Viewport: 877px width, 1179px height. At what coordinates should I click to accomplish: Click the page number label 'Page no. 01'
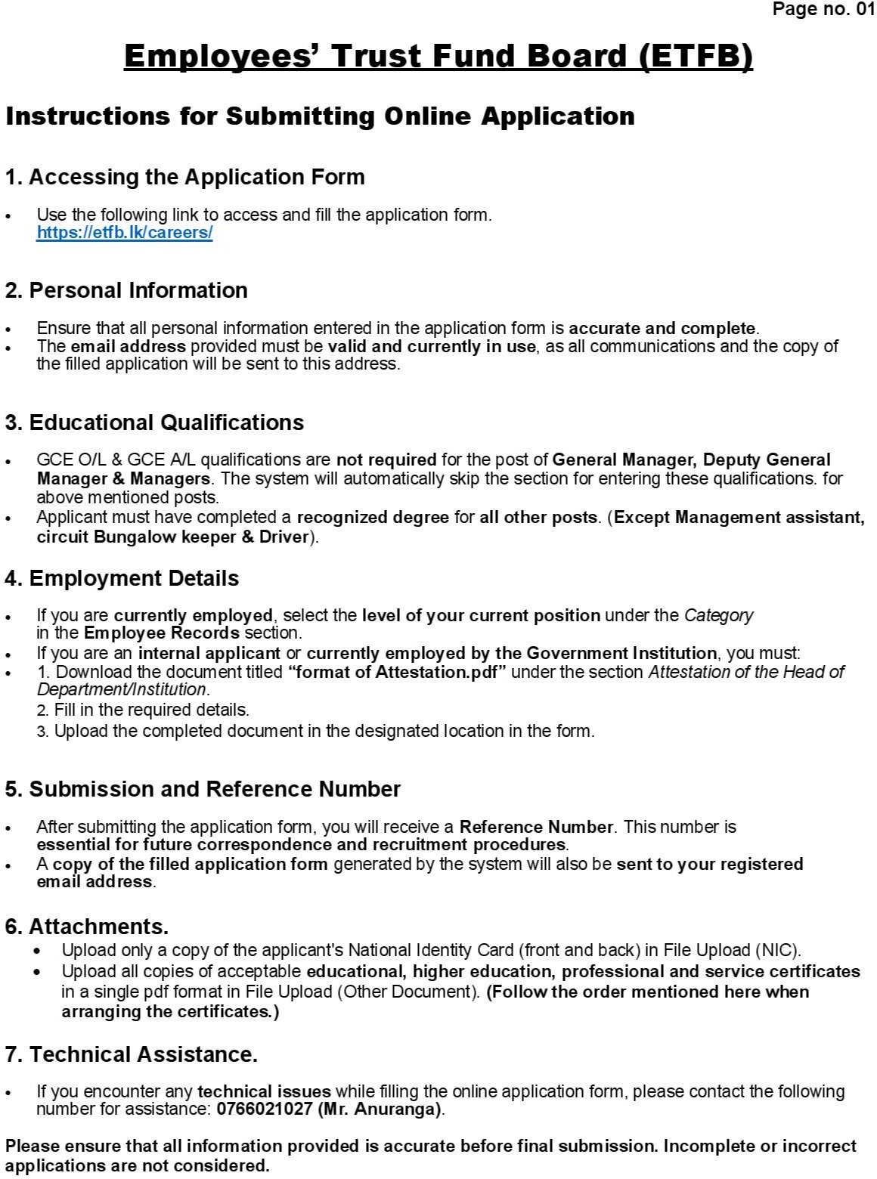823,9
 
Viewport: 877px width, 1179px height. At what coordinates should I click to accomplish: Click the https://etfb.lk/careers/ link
125,233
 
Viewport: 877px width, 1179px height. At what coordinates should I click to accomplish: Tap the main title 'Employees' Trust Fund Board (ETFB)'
438,56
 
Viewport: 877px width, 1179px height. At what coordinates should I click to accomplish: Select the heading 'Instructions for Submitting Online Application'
320,116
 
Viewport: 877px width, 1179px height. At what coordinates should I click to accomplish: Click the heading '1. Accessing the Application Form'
184,177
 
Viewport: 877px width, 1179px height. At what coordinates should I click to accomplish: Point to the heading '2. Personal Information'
126,290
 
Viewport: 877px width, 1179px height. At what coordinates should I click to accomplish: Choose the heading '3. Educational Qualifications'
154,422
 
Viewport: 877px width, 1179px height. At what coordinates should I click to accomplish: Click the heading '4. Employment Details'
122,579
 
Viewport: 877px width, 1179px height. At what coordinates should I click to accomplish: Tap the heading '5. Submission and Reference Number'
203,789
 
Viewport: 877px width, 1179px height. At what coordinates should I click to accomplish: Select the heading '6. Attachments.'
87,927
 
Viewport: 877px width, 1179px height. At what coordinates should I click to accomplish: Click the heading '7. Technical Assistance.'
132,1054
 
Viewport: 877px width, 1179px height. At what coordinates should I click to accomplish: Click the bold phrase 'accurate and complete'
662,329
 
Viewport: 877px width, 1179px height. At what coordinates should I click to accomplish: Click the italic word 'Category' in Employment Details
718,615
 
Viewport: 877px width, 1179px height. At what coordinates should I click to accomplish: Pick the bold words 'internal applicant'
209,653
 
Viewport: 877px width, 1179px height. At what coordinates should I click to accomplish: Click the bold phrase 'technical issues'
264,1091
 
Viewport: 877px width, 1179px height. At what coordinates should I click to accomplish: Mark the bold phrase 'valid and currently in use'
432,347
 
